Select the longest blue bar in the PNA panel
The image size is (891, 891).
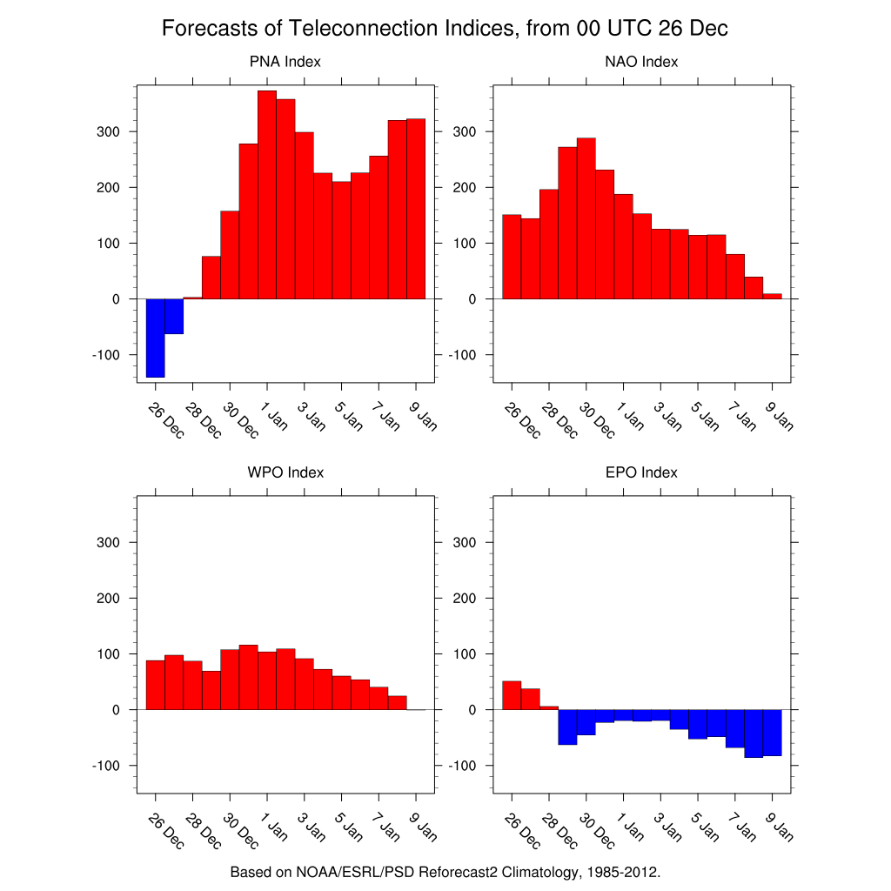[x=156, y=338]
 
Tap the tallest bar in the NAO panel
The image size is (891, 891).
[x=586, y=218]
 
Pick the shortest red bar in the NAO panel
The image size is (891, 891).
[x=773, y=297]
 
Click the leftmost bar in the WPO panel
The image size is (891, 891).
[x=156, y=685]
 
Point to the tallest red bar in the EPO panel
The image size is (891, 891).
[x=512, y=695]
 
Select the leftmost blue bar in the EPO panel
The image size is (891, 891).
[x=567, y=727]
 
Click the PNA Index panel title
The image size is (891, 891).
[x=285, y=62]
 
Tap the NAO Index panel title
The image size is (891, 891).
[x=641, y=62]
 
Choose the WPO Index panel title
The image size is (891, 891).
[x=285, y=472]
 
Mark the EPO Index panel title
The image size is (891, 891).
[x=641, y=472]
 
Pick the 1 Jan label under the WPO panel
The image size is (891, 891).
[x=275, y=827]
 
